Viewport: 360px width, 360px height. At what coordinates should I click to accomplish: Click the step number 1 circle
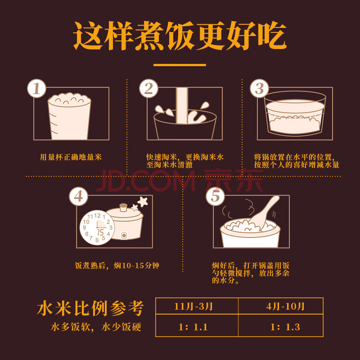[37, 88]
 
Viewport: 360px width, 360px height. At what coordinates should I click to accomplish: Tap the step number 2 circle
[148, 88]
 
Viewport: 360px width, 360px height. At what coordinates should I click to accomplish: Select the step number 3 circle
[260, 88]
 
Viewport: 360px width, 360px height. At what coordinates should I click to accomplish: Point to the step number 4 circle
[78, 197]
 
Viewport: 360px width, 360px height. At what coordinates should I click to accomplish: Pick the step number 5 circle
[216, 197]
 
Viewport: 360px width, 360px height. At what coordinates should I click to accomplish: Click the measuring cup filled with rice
[69, 116]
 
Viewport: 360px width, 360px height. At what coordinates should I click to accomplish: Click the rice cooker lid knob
[123, 207]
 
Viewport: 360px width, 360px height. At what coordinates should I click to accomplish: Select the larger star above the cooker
[143, 202]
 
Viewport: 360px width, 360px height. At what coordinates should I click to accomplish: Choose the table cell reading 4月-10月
[281, 306]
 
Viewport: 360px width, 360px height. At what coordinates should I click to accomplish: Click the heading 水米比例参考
[90, 308]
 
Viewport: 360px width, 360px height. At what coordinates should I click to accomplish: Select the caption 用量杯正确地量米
[71, 157]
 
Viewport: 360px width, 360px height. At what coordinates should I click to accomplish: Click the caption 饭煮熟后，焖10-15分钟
[117, 265]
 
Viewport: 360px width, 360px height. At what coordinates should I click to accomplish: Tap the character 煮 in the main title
[149, 36]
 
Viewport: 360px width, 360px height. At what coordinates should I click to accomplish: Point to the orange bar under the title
[180, 65]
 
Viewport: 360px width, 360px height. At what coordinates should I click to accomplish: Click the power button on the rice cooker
[124, 235]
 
